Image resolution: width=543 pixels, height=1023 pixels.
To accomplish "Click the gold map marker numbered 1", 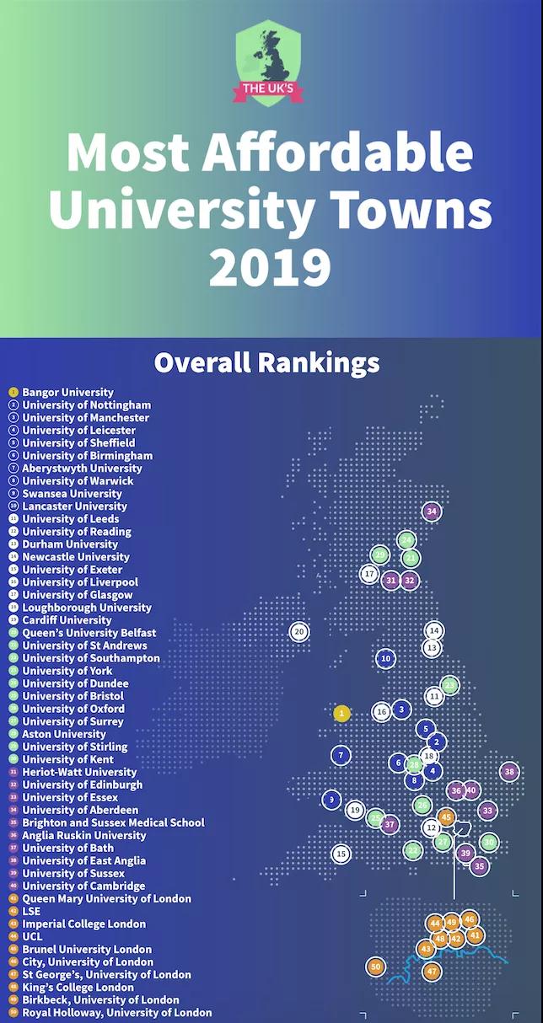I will [x=341, y=713].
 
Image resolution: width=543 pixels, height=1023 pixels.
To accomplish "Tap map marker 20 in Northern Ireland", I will [x=298, y=631].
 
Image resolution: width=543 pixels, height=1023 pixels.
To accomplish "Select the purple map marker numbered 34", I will [x=432, y=511].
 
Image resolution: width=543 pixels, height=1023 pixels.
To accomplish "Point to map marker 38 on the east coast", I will [x=508, y=771].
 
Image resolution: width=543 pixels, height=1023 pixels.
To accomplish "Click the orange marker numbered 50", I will [x=376, y=967].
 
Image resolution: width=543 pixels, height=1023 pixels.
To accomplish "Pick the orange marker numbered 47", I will [x=432, y=972].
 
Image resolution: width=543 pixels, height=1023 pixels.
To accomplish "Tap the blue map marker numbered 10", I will [x=385, y=658].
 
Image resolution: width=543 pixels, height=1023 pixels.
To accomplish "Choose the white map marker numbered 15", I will [x=341, y=854].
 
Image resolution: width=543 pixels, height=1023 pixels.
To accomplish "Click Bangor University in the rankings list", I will [x=67, y=392].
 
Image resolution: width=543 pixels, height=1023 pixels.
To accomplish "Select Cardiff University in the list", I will [x=67, y=620].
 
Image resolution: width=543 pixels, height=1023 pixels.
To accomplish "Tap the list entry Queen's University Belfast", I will [x=89, y=633].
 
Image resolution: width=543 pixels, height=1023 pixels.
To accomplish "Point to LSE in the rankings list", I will [x=31, y=911].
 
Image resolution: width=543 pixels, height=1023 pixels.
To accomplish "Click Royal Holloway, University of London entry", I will [x=116, y=1012].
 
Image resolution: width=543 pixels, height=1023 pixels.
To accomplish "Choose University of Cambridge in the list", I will [x=83, y=886].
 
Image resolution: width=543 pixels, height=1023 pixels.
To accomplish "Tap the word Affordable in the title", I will [x=337, y=153].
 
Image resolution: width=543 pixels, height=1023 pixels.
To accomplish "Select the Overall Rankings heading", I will [x=266, y=363].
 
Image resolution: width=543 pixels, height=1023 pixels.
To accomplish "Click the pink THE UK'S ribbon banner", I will [x=268, y=88].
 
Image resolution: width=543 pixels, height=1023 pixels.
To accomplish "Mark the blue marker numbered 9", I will [x=332, y=800].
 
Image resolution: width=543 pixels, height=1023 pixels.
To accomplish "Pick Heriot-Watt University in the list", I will [x=79, y=772].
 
